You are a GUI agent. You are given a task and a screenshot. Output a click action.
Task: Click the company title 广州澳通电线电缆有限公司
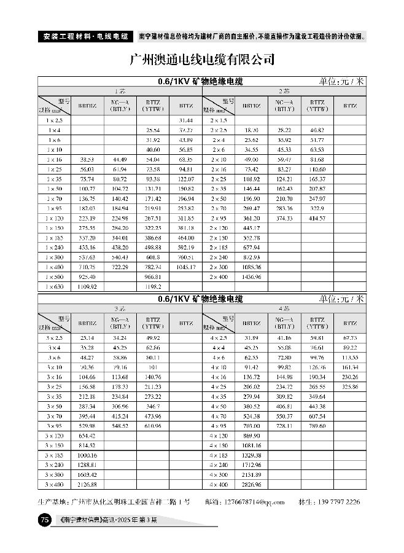coord(202,60)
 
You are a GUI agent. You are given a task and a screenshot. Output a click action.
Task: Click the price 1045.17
coord(185,267)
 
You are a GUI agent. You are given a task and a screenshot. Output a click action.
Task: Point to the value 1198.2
coord(153,287)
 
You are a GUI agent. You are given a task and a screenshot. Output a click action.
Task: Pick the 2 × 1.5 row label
coord(219,120)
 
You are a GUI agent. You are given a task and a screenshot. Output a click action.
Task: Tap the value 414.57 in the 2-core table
coord(317,218)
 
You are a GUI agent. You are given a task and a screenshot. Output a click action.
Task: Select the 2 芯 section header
coord(284,90)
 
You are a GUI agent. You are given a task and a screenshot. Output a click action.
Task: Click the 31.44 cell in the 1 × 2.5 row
coord(185,120)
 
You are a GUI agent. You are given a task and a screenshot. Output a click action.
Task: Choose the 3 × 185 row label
coord(55,455)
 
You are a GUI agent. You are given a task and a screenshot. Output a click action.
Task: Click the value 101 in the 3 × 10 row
coord(153,367)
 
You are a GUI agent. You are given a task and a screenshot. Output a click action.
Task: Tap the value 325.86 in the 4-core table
coord(350,386)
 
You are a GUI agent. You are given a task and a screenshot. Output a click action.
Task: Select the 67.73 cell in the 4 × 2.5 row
coord(350,337)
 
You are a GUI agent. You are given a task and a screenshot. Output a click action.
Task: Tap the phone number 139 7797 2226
coord(337,502)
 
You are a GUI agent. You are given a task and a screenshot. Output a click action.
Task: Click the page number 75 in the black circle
coord(44,521)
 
